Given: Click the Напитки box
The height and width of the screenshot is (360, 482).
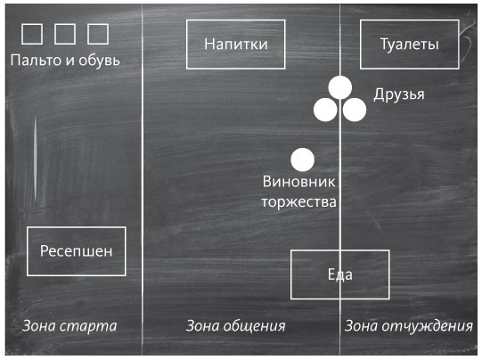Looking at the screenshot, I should coord(236,44).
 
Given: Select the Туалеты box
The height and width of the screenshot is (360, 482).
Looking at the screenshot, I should coord(409,44).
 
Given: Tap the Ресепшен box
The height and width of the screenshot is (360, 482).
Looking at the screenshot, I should coord(77,250).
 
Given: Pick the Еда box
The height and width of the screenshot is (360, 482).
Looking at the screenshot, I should coord(340,274).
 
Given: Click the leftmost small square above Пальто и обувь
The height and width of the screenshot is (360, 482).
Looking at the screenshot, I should coord(32,34).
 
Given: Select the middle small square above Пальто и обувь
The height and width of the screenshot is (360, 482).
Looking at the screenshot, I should coord(65,34).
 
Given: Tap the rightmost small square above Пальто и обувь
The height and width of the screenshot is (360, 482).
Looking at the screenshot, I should coord(98,34).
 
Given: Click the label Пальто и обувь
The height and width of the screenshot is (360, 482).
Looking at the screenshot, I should coord(65,61).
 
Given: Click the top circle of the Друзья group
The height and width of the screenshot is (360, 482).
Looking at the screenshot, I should coord(339,87).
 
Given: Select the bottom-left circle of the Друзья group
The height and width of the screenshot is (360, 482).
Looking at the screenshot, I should coord(325,110).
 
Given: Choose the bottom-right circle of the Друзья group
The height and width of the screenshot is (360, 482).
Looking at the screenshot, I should coord(355,110).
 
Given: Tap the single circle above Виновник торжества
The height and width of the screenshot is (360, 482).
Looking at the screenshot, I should coord(303,160).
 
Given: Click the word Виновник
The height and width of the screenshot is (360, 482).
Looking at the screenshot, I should coord(299,182).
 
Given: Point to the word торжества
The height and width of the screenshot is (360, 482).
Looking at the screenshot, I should coord(299,201).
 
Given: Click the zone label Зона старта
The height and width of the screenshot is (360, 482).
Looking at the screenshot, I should coord(69,325).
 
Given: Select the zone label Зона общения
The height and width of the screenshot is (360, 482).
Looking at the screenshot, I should coord(235,325).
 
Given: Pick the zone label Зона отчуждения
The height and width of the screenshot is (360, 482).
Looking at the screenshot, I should coord(408,325).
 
